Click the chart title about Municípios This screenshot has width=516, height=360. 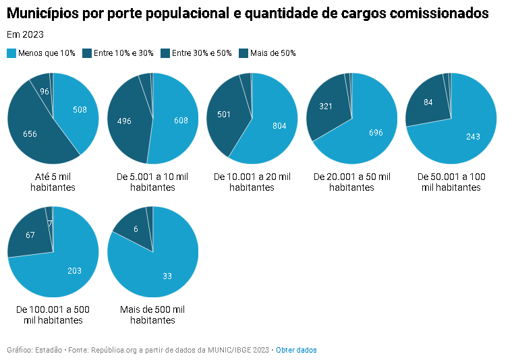click(248, 14)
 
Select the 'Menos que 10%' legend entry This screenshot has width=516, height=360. click(42, 53)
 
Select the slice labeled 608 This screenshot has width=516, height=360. click(180, 121)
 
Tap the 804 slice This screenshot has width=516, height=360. click(279, 125)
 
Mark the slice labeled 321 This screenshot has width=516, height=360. click(326, 107)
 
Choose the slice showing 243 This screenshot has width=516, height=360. click(472, 136)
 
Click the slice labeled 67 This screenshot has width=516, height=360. click(30, 235)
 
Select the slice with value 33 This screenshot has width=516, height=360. click(167, 276)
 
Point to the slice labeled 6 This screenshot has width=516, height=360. click(136, 229)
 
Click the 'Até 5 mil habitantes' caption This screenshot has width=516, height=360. click(53, 182)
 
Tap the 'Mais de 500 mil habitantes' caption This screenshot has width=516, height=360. click(152, 315)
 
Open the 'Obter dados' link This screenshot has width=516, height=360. click(296, 350)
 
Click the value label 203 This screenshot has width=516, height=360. click(74, 270)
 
